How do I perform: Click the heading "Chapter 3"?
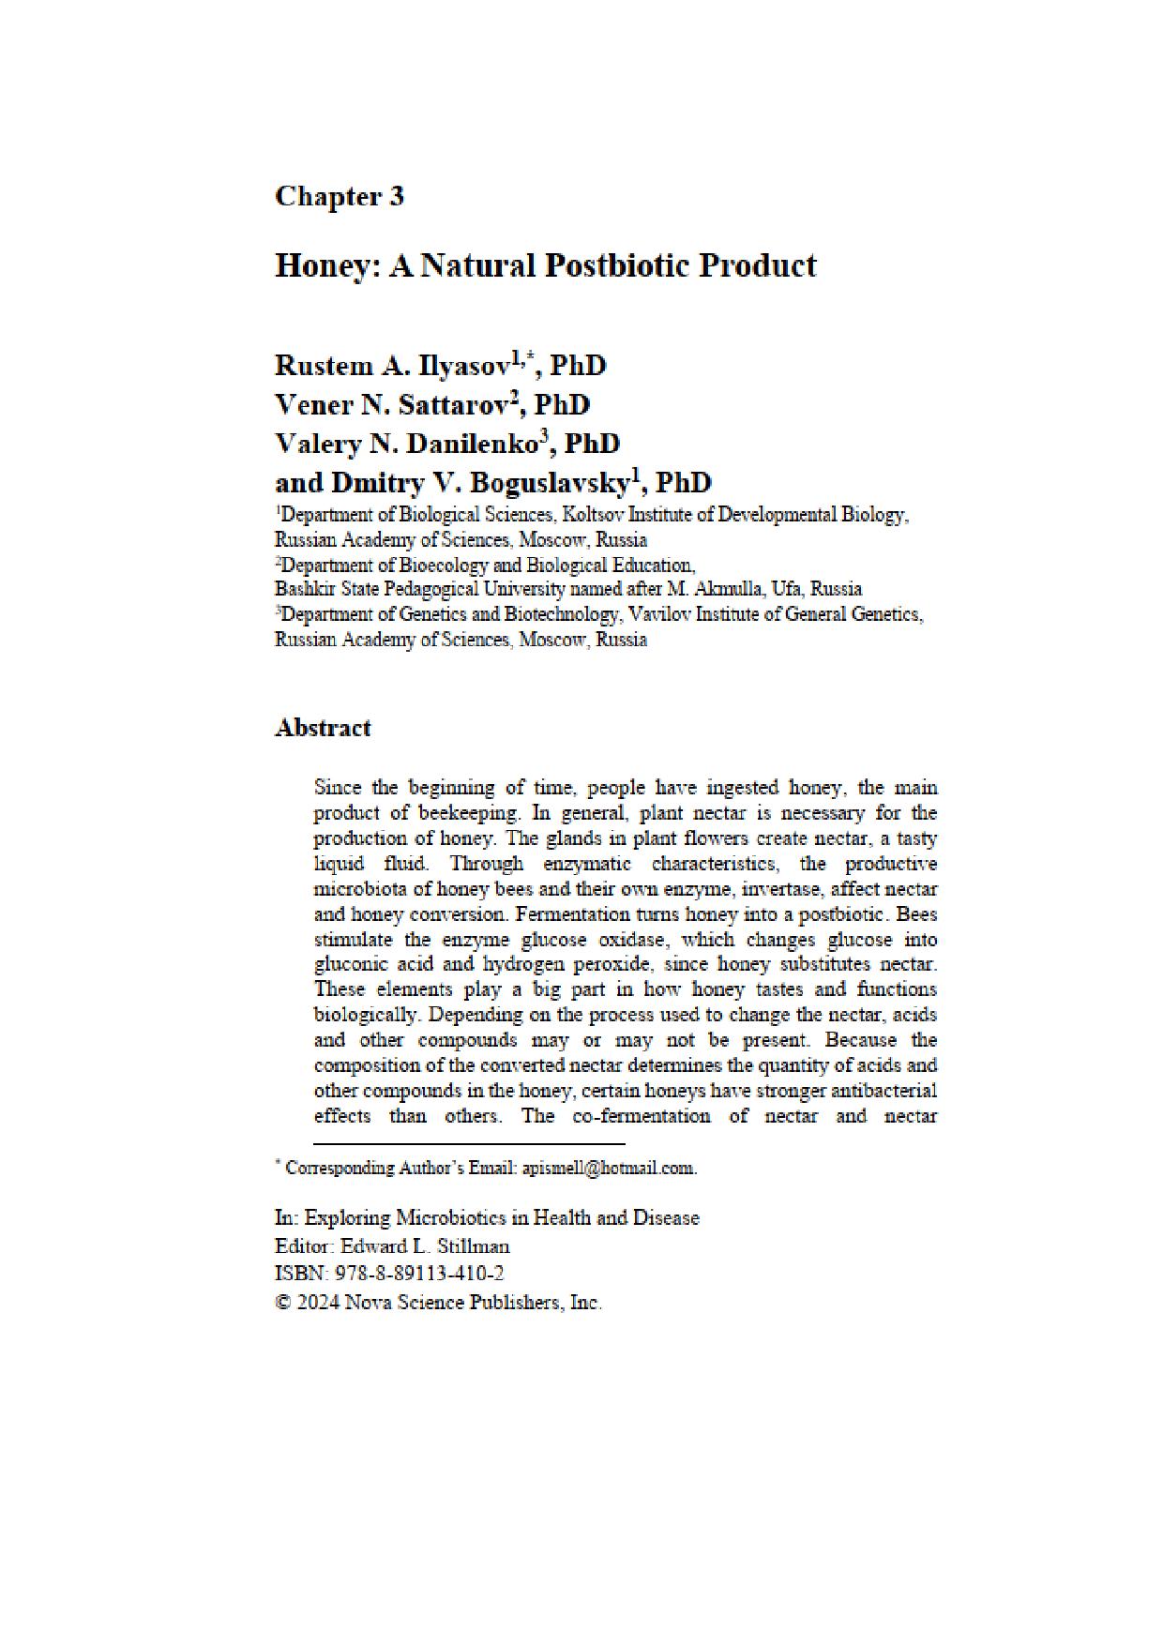coord(339,196)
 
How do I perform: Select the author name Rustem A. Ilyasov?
coord(392,366)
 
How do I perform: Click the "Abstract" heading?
coord(322,728)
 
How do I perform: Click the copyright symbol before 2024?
coord(282,1303)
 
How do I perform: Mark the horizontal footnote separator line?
coord(469,1144)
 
